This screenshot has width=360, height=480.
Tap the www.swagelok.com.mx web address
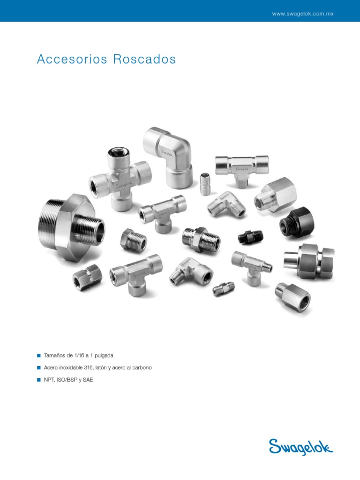(302, 14)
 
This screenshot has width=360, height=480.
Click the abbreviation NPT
(49, 380)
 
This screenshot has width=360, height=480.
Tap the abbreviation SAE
(88, 380)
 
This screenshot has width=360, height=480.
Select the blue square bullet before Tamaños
(39, 356)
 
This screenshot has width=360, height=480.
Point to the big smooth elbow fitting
(167, 157)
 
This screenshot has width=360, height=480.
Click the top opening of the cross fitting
(115, 153)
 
